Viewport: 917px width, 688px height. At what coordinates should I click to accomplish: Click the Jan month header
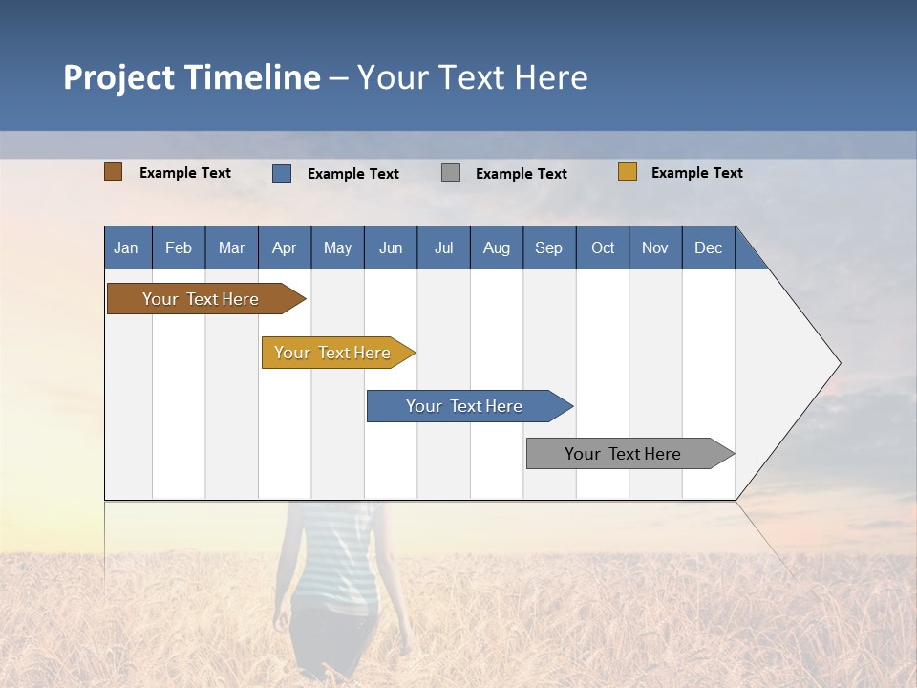(x=126, y=247)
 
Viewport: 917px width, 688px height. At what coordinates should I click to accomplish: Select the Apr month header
(x=284, y=247)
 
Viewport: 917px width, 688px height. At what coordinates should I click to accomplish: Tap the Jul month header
(x=443, y=247)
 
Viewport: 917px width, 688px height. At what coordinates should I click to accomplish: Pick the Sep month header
(x=548, y=247)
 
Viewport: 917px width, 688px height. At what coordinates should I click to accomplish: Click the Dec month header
(x=708, y=247)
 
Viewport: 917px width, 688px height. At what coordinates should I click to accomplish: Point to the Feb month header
(x=179, y=247)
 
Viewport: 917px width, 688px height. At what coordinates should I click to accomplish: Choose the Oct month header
(x=603, y=247)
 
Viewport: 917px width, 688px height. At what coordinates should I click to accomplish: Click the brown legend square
(x=113, y=172)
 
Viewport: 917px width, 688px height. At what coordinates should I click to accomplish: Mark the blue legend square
(x=282, y=173)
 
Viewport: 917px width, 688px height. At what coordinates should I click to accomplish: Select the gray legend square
(x=451, y=173)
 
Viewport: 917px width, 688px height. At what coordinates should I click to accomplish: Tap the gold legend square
(x=628, y=172)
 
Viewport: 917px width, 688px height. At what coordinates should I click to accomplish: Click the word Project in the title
(x=118, y=77)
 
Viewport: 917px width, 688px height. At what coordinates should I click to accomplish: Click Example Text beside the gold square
(x=696, y=173)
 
